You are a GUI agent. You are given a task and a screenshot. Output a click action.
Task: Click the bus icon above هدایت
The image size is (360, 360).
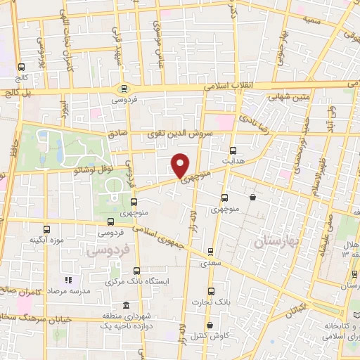[x=233, y=150]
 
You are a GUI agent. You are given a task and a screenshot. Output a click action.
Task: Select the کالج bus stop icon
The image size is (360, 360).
[x=21, y=68]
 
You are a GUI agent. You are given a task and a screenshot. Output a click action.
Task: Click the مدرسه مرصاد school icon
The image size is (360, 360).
[x=68, y=281]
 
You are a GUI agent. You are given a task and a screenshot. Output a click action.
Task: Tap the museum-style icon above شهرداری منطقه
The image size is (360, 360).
[x=125, y=305]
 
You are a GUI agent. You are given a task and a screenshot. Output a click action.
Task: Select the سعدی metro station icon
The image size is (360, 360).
[x=210, y=251]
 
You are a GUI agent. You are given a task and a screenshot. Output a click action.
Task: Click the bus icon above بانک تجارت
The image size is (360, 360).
[x=211, y=292]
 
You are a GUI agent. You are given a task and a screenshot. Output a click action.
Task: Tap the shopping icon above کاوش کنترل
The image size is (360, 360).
[x=213, y=324]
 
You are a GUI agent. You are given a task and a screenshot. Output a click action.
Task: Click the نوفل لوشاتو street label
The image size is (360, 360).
[x=81, y=167]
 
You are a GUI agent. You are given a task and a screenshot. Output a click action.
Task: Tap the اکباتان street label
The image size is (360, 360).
[x=296, y=308]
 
